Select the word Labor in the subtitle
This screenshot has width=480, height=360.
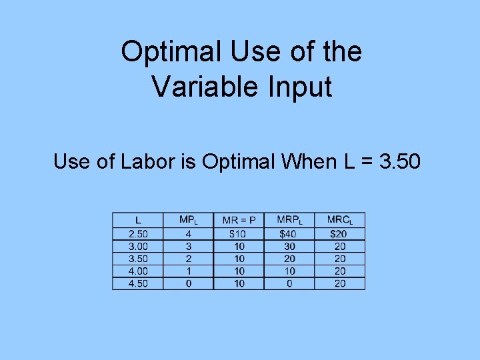141,161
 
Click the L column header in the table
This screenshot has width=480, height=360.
138,220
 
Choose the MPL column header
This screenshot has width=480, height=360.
189,220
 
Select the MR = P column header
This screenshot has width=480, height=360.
239,220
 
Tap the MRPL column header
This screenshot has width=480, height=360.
289,220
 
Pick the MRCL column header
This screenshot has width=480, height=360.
339,220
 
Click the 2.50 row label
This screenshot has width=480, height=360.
138,234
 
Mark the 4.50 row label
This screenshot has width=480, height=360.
138,283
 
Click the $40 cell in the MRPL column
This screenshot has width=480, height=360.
289,234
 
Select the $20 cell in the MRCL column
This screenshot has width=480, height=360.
339,234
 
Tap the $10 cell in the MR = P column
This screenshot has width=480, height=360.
239,234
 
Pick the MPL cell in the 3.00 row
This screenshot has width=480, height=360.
189,246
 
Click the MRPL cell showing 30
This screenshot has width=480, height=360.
289,246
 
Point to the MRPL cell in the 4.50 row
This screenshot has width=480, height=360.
289,283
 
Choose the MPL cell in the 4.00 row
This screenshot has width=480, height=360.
189,271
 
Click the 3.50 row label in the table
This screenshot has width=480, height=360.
138,259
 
